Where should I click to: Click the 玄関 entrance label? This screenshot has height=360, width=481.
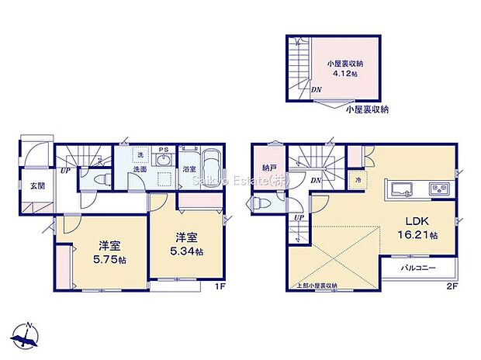[37, 185]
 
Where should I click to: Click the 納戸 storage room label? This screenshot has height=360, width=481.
[268, 168]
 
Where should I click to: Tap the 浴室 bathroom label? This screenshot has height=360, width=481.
[189, 168]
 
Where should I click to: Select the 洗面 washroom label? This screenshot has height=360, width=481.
[140, 168]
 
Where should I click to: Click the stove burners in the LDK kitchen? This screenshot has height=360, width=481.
[438, 189]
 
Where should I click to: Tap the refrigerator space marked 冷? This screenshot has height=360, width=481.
[358, 181]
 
